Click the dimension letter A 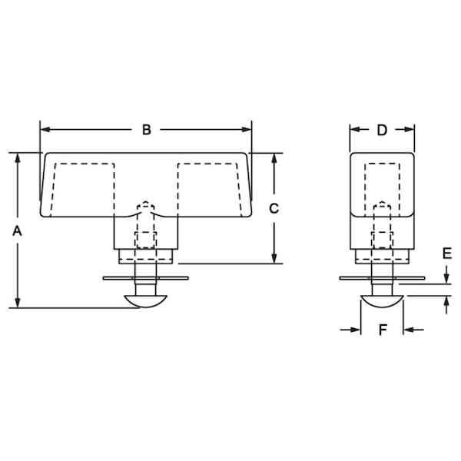pyautogui.click(x=17, y=231)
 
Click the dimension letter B pyautogui.click(x=147, y=130)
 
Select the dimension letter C pyautogui.click(x=274, y=208)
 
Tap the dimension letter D pyautogui.click(x=382, y=130)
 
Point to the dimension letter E pyautogui.click(x=447, y=254)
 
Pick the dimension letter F pyautogui.click(x=383, y=330)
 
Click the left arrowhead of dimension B pyautogui.click(x=45, y=130)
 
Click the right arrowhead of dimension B pyautogui.click(x=247, y=130)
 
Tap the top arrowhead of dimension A pyautogui.click(x=18, y=158)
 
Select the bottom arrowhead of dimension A pyautogui.click(x=18, y=303)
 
